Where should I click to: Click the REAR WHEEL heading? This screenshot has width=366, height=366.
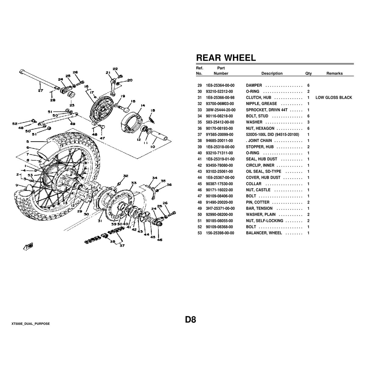tap(226, 58)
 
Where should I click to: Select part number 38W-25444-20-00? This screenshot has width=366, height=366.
tap(221, 110)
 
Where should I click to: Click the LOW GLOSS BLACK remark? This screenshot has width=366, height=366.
tap(334, 98)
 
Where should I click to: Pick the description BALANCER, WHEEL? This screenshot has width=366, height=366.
tap(264, 233)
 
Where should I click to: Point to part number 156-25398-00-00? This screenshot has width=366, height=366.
tap(220, 233)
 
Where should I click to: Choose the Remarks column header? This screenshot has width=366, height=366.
tap(334, 74)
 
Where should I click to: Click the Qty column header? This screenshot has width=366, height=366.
tap(308, 74)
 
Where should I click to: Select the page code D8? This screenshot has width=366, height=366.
tap(190, 320)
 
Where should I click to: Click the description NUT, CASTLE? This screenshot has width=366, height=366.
tap(258, 190)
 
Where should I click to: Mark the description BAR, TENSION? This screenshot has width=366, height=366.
tap(259, 208)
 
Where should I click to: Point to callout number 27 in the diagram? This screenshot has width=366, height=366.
tap(41, 90)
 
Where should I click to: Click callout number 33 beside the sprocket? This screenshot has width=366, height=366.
tap(134, 183)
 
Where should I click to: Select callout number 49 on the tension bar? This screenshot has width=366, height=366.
tap(72, 124)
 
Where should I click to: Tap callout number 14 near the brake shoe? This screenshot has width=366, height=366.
tap(142, 106)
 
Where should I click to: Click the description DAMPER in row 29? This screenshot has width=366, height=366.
tap(254, 85)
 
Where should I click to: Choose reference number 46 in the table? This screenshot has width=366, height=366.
tap(199, 190)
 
